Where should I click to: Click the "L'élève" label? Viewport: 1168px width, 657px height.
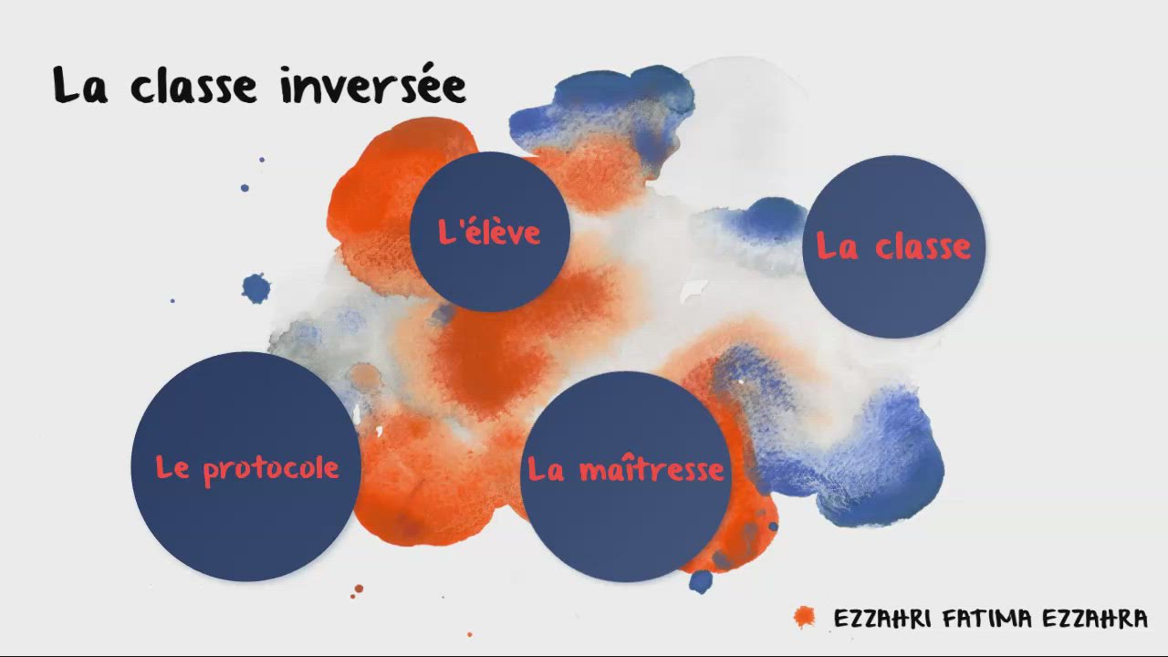pos(489,232)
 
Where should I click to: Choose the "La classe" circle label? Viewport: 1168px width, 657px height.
pos(893,246)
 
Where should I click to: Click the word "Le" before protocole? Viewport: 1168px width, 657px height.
pos(172,468)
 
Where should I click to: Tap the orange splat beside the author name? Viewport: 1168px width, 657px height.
pos(804,618)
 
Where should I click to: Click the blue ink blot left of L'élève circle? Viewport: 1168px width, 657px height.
pos(256,288)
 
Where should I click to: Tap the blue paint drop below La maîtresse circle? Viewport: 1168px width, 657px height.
pos(701,580)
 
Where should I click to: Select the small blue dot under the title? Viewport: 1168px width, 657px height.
pos(245,188)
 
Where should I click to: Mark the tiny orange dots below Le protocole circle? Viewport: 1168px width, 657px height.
pos(358,589)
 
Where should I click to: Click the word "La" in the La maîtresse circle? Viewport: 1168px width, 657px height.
pos(547,470)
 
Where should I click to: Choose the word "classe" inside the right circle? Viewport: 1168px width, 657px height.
pos(923,246)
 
